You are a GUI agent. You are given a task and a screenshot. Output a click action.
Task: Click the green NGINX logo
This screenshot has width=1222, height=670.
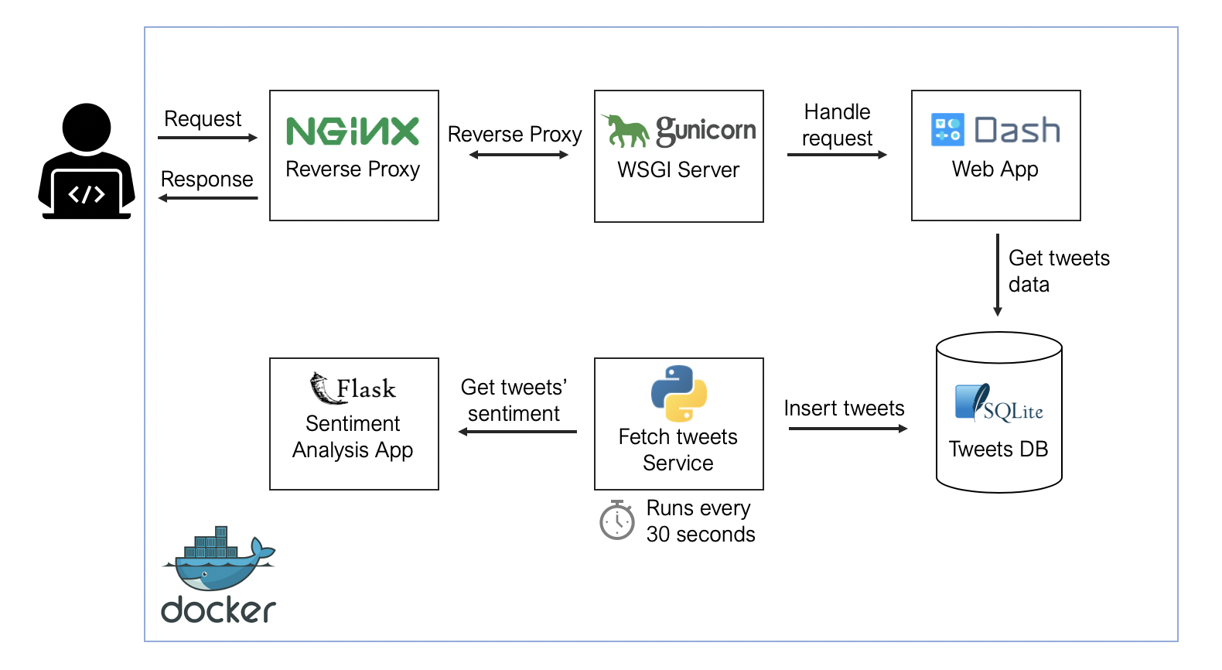(x=353, y=131)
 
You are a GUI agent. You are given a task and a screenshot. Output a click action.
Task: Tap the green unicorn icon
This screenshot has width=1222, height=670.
(x=625, y=131)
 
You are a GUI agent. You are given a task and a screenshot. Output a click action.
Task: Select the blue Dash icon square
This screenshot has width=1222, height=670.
(x=947, y=129)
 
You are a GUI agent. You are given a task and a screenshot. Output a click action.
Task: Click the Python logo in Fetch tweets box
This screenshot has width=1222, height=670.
(x=678, y=393)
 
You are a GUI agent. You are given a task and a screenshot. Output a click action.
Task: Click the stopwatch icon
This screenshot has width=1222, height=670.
(x=617, y=520)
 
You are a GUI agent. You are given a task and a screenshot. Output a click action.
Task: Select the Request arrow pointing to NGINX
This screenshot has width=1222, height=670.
(x=207, y=138)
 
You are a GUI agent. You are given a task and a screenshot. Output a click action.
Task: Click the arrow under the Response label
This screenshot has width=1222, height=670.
(x=207, y=198)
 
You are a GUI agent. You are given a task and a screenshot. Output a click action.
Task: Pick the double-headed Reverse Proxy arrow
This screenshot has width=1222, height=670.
(x=518, y=155)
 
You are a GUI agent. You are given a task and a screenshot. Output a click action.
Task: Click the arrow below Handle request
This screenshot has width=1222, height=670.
(x=837, y=155)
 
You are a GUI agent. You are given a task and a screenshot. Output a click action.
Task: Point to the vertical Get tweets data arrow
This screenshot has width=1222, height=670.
(x=998, y=275)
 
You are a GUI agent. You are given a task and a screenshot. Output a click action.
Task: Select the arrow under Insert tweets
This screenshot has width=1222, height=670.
(x=848, y=429)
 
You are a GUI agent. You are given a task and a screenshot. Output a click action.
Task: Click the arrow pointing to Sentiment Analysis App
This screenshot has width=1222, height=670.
(x=517, y=432)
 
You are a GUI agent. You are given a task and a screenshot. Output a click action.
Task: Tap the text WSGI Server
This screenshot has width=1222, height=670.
(x=678, y=169)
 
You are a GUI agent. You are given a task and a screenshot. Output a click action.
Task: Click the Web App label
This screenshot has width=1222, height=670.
(x=995, y=169)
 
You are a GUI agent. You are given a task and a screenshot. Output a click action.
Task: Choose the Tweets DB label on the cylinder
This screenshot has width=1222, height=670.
(x=998, y=449)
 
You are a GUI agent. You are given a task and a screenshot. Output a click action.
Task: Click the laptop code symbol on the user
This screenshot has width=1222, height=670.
(x=86, y=194)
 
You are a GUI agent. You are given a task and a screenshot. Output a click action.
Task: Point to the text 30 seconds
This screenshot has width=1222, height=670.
(x=701, y=534)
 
